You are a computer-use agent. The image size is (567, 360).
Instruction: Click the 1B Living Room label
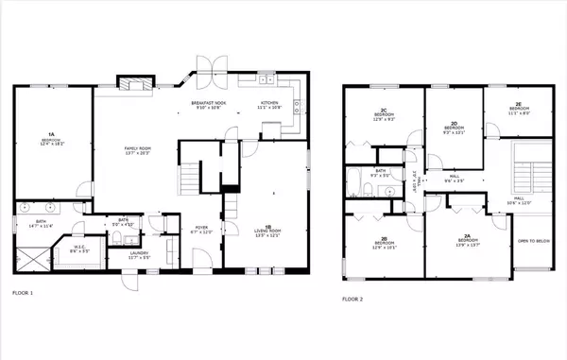click(269, 230)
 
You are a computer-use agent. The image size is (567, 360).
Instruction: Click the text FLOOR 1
click(23, 293)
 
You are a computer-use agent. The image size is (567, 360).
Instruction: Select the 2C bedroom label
click(382, 116)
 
